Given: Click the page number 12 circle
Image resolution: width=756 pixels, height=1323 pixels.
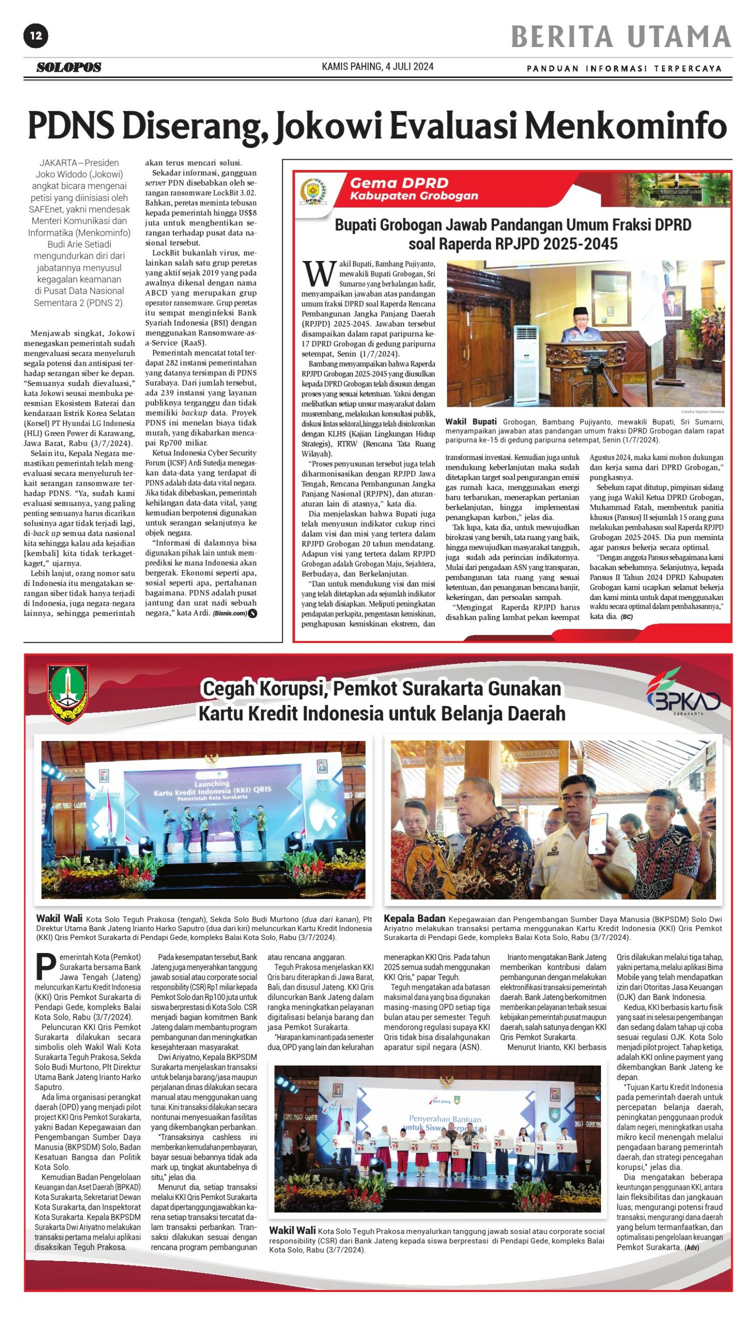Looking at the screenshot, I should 36,36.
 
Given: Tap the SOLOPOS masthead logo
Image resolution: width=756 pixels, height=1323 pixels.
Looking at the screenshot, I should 69,67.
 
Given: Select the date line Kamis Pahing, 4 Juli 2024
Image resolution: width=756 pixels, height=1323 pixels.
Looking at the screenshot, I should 377,67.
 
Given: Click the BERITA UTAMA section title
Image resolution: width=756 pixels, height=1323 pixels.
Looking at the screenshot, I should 621,37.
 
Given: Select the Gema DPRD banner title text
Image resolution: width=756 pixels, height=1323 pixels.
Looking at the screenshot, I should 399,183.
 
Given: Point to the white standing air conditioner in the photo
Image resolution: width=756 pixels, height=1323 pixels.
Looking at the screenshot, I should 526,364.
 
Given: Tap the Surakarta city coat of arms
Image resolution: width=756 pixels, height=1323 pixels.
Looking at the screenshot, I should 68,693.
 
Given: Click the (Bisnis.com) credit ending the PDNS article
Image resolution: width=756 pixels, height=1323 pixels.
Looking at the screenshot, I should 230,613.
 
